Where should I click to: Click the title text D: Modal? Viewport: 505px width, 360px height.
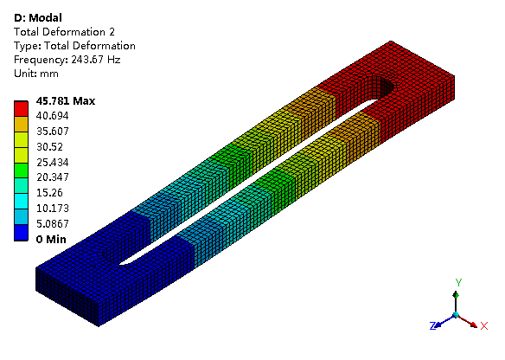(x=38, y=17)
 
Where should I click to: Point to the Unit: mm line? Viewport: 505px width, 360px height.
(x=36, y=74)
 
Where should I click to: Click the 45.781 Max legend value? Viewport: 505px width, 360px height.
(x=66, y=101)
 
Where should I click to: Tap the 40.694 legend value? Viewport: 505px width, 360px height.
(x=53, y=116)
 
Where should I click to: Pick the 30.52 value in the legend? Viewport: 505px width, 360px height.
(x=49, y=147)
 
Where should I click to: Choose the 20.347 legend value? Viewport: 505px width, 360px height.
(x=53, y=177)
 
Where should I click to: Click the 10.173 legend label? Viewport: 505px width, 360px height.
(x=53, y=209)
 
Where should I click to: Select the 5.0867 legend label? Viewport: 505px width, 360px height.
(x=53, y=223)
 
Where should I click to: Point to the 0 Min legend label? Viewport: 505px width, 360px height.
(x=51, y=240)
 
